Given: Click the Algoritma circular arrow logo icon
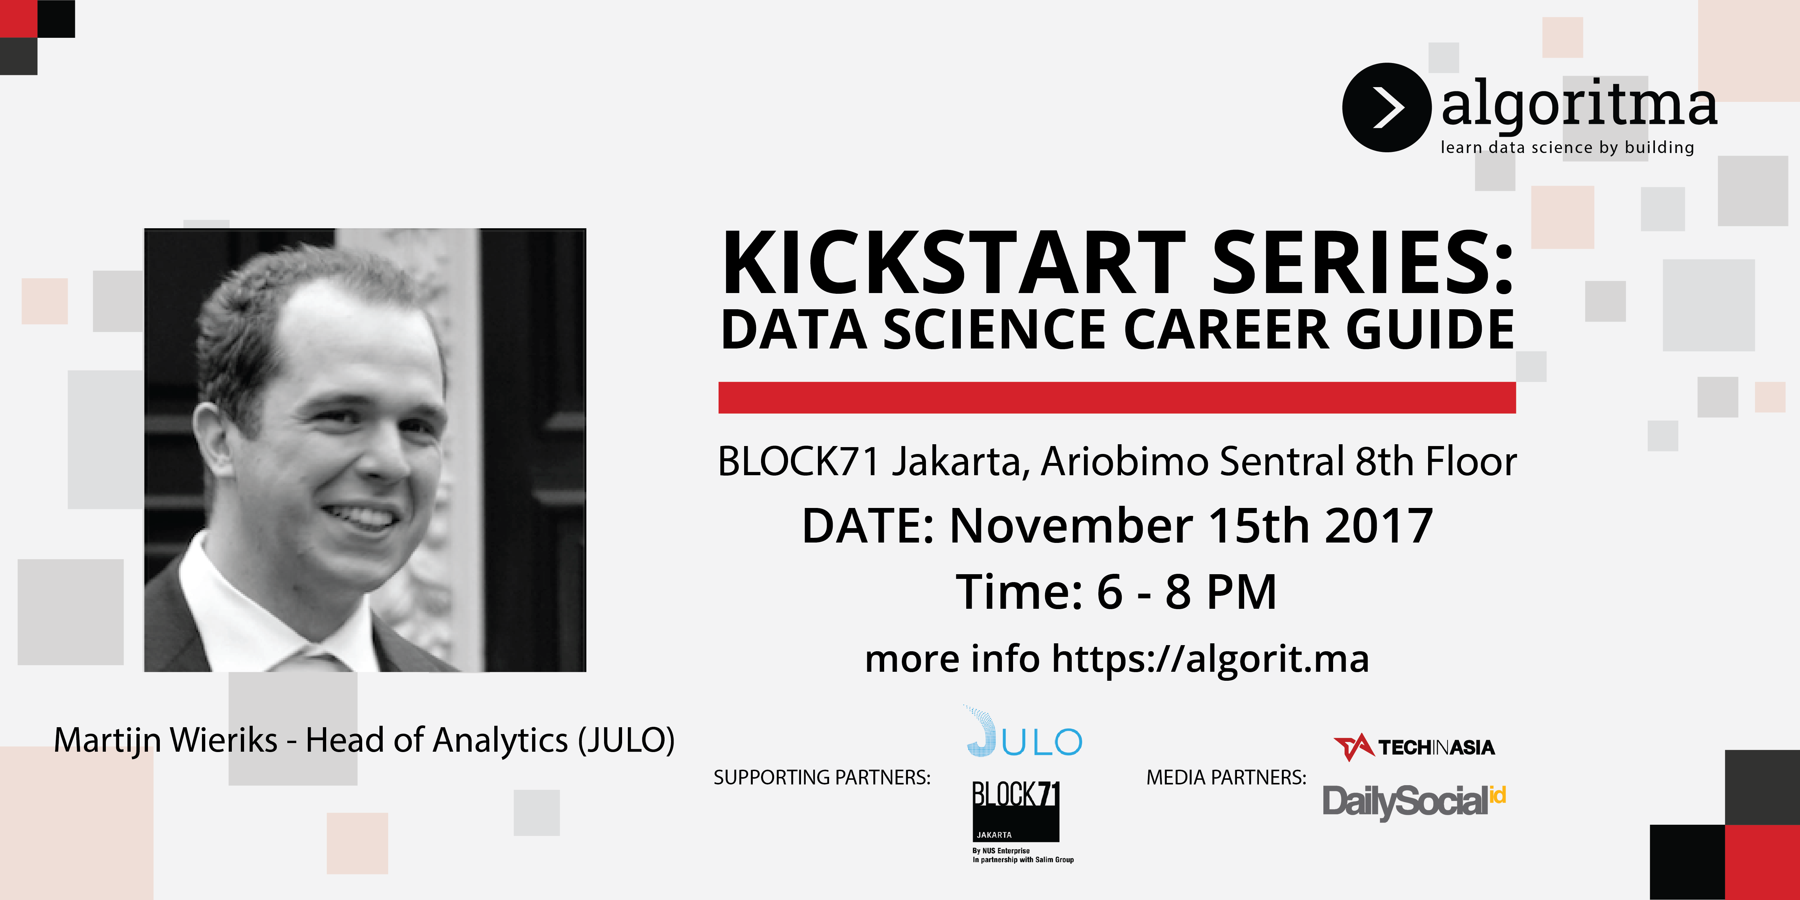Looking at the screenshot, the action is click(x=1386, y=108).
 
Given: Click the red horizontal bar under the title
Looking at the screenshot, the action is click(x=1117, y=397).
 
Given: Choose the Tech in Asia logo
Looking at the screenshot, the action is click(x=1414, y=747).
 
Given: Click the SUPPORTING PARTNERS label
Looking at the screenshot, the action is click(x=822, y=777).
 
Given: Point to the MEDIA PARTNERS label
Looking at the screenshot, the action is click(x=1226, y=777).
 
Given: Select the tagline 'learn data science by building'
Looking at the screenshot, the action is click(x=1567, y=148).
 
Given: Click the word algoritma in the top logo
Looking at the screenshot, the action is click(x=1579, y=105).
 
